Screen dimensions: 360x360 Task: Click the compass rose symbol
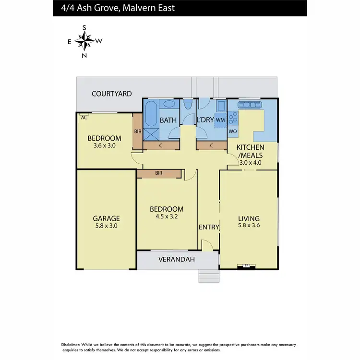tap(84, 41)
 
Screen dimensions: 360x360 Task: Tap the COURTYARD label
tap(112, 94)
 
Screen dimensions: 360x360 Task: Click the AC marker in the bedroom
tap(84, 117)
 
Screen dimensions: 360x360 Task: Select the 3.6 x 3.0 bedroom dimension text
tap(101, 146)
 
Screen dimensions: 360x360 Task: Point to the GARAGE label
tap(106, 218)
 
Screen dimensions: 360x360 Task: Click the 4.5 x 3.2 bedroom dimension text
tap(166, 216)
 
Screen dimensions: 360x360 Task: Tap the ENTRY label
tap(209, 227)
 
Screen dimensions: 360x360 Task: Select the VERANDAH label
tap(177, 260)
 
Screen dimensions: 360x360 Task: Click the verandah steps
tap(208, 275)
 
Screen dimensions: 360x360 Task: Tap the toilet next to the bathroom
tap(188, 105)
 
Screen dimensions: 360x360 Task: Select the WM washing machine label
tap(220, 120)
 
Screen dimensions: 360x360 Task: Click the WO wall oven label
tap(233, 131)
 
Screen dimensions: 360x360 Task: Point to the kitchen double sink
tap(252, 104)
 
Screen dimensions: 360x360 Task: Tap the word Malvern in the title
tap(137, 8)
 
